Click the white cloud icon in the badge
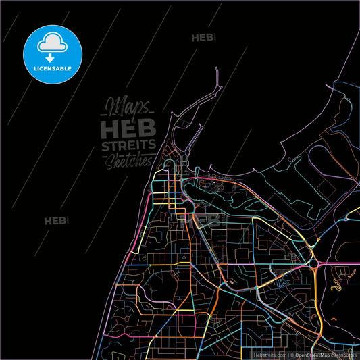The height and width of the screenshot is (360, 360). [x=52, y=42]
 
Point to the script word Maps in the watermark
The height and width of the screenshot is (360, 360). [x=126, y=107]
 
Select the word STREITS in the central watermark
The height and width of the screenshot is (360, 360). [x=128, y=145]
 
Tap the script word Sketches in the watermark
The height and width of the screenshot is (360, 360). [x=128, y=160]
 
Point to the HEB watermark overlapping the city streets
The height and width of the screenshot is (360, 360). [x=207, y=220]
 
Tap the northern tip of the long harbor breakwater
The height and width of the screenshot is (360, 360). [x=216, y=69]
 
